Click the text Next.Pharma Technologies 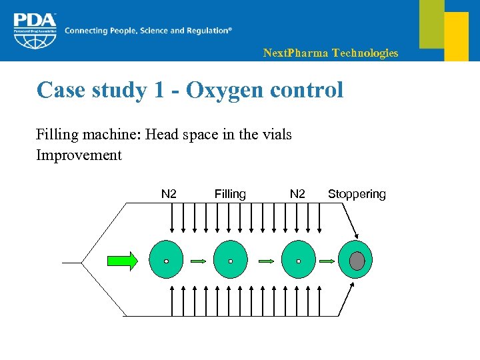331,53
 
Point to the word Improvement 79,155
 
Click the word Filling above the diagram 230,194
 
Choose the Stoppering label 357,194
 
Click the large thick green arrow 123,261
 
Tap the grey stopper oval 357,261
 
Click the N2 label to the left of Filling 169,194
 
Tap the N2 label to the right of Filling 297,194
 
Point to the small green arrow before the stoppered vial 327,261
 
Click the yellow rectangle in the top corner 457,36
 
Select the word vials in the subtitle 275,135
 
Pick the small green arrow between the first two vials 198,261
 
